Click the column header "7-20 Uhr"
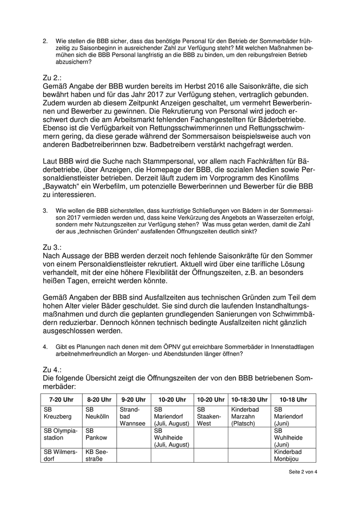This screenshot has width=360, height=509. pyautogui.click(x=62, y=399)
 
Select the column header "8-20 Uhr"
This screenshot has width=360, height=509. pyautogui.click(x=99, y=399)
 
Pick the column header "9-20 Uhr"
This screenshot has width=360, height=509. pyautogui.click(x=134, y=399)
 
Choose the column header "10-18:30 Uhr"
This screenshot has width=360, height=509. pyautogui.click(x=249, y=399)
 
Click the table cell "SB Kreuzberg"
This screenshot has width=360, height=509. pyautogui.click(x=58, y=413)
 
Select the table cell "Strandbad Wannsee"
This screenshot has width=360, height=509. pyautogui.click(x=129, y=416)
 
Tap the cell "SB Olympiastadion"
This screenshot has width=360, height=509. pyautogui.click(x=61, y=434)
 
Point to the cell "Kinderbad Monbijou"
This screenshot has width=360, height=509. pyautogui.click(x=288, y=455)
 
